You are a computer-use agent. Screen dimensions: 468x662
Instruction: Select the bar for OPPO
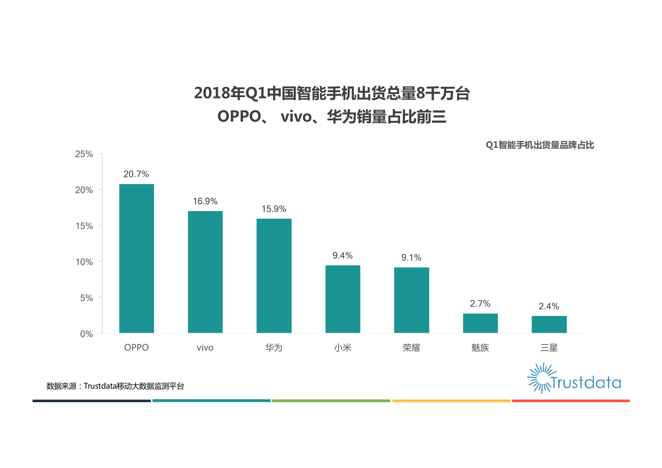[137, 258]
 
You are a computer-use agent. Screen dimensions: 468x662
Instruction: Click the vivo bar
[205, 272]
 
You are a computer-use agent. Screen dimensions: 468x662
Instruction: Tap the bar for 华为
[274, 276]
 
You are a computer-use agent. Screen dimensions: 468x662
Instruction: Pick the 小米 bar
[343, 299]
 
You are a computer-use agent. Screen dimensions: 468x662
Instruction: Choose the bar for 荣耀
[411, 300]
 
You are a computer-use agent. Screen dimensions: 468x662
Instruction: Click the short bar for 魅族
[480, 323]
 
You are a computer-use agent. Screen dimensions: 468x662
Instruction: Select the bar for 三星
[549, 324]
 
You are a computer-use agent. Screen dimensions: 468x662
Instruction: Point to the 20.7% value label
[136, 174]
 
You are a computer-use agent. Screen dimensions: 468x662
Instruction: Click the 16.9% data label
[205, 201]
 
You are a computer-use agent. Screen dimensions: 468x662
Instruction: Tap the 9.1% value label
[411, 258]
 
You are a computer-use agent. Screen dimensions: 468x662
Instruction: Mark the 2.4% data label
[548, 306]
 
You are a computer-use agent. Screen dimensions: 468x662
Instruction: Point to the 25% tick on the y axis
[84, 154]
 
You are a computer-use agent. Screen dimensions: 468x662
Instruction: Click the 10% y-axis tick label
[84, 262]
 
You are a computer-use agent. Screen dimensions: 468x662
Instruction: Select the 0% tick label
[86, 334]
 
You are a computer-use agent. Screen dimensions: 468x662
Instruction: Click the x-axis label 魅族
[480, 348]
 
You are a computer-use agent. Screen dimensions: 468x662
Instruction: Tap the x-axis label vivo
[205, 348]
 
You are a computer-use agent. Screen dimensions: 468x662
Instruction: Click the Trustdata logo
[574, 379]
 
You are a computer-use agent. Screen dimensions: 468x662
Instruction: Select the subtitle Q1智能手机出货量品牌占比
[540, 145]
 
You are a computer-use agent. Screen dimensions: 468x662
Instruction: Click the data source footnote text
[115, 386]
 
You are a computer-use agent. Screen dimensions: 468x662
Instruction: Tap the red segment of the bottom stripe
[571, 401]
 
